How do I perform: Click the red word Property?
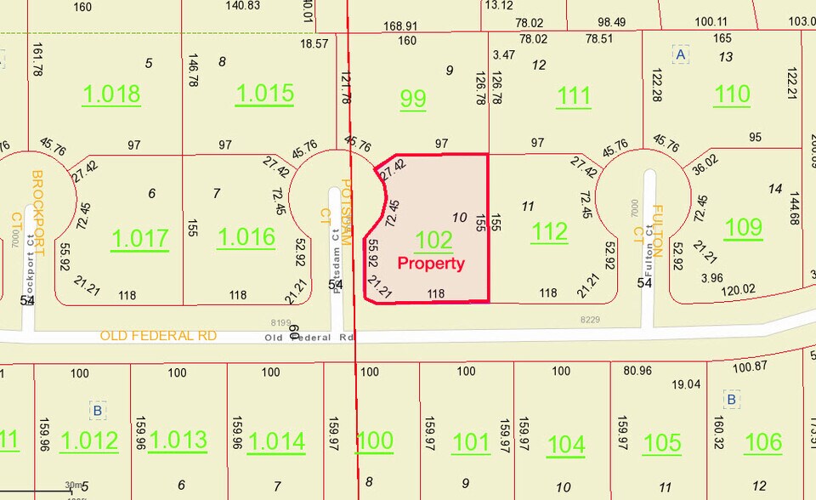tap(432, 264)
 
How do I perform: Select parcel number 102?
tap(433, 240)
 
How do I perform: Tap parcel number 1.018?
tap(111, 94)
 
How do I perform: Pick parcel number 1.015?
tap(265, 94)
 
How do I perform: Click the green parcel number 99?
tap(413, 99)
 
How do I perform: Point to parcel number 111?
tap(574, 97)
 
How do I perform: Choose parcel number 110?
tap(732, 94)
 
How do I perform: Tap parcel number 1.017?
tap(140, 238)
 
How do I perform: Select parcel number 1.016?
tap(246, 236)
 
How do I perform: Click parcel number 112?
tap(548, 230)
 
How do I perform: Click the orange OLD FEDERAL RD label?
tap(159, 336)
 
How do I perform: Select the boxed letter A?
tap(679, 54)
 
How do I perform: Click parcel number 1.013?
tap(178, 440)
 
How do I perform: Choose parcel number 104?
tap(566, 444)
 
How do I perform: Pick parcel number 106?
tap(762, 441)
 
